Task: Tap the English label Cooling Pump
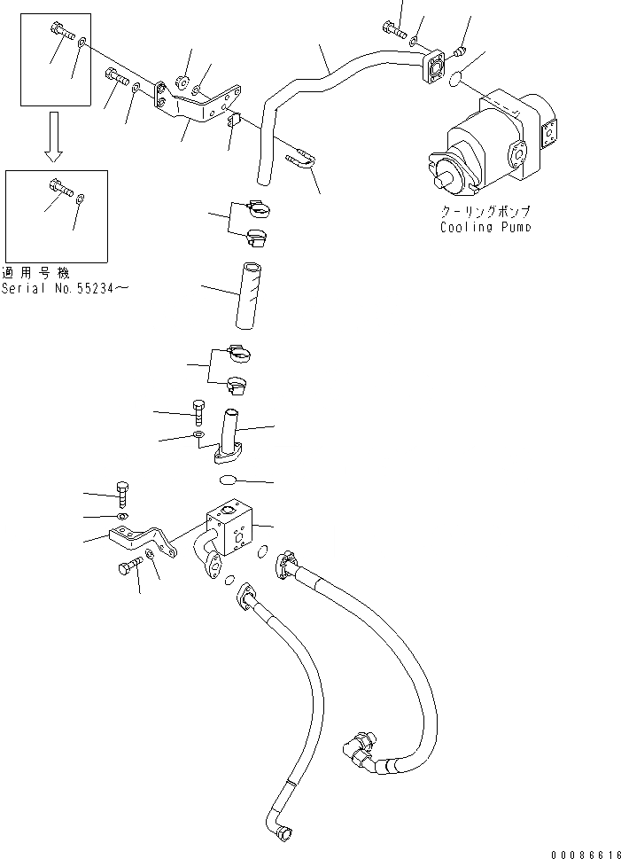coord(486,228)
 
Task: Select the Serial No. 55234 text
coord(64,288)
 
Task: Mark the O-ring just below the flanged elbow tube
coord(228,480)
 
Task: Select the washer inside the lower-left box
coord(81,198)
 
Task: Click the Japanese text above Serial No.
coord(35,272)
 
